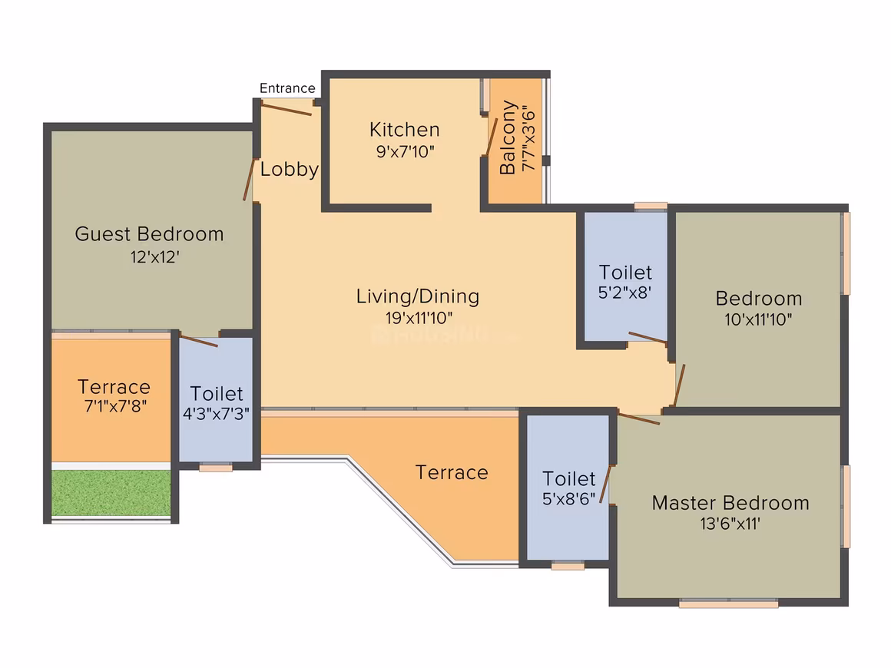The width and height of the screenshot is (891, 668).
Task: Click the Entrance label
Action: pyautogui.click(x=287, y=88)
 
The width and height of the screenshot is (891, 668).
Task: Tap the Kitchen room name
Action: pyautogui.click(x=405, y=130)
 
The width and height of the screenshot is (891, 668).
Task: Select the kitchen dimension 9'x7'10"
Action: pyautogui.click(x=405, y=152)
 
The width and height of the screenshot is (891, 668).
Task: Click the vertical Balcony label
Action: pyautogui.click(x=508, y=137)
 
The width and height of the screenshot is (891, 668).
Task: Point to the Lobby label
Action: pyautogui.click(x=290, y=169)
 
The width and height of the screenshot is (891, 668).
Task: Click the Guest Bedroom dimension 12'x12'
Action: pyautogui.click(x=155, y=256)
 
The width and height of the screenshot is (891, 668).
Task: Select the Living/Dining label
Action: pyautogui.click(x=418, y=296)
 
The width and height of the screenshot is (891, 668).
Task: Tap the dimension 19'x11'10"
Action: pyautogui.click(x=419, y=318)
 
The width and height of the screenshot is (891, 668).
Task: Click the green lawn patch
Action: pyautogui.click(x=111, y=493)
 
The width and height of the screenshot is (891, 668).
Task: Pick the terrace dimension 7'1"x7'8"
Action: pyautogui.click(x=115, y=406)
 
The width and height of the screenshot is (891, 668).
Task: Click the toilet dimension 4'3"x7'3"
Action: pyautogui.click(x=216, y=414)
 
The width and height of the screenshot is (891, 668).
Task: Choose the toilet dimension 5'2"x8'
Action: pyautogui.click(x=624, y=293)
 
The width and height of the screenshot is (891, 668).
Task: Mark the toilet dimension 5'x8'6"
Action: pyautogui.click(x=569, y=499)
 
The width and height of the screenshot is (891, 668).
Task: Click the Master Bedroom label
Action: pyautogui.click(x=730, y=503)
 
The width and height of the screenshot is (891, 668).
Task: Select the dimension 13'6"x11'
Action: pyautogui.click(x=730, y=523)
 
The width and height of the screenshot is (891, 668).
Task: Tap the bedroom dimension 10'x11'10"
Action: pyautogui.click(x=758, y=319)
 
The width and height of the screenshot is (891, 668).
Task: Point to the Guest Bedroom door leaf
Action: pyautogui.click(x=249, y=180)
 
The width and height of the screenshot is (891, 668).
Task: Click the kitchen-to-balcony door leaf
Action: pyautogui.click(x=492, y=137)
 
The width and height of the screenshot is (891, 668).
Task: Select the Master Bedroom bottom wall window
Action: pyautogui.click(x=728, y=604)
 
